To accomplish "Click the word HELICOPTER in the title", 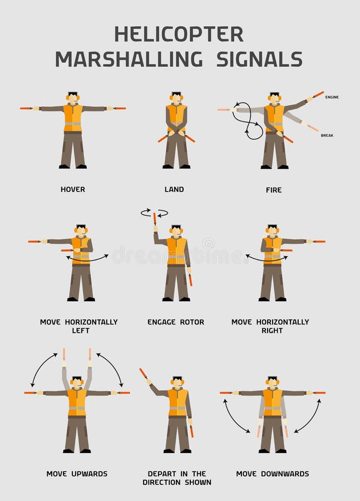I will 179,34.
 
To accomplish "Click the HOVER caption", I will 73,189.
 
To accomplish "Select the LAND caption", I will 174,189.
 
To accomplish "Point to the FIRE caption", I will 274,190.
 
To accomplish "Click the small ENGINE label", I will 332,97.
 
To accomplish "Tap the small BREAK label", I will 327,135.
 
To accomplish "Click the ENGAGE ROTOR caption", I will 176,322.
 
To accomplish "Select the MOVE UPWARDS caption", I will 77,474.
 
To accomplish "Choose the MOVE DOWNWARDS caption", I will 273,474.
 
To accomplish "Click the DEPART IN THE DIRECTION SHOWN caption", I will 177,478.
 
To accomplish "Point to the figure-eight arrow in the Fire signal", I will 248,121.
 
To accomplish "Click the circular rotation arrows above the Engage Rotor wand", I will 154,213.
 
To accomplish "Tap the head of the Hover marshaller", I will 73,97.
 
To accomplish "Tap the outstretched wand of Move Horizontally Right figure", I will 319,242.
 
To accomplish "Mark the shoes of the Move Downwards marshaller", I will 273,450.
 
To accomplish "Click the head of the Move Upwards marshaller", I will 77,382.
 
